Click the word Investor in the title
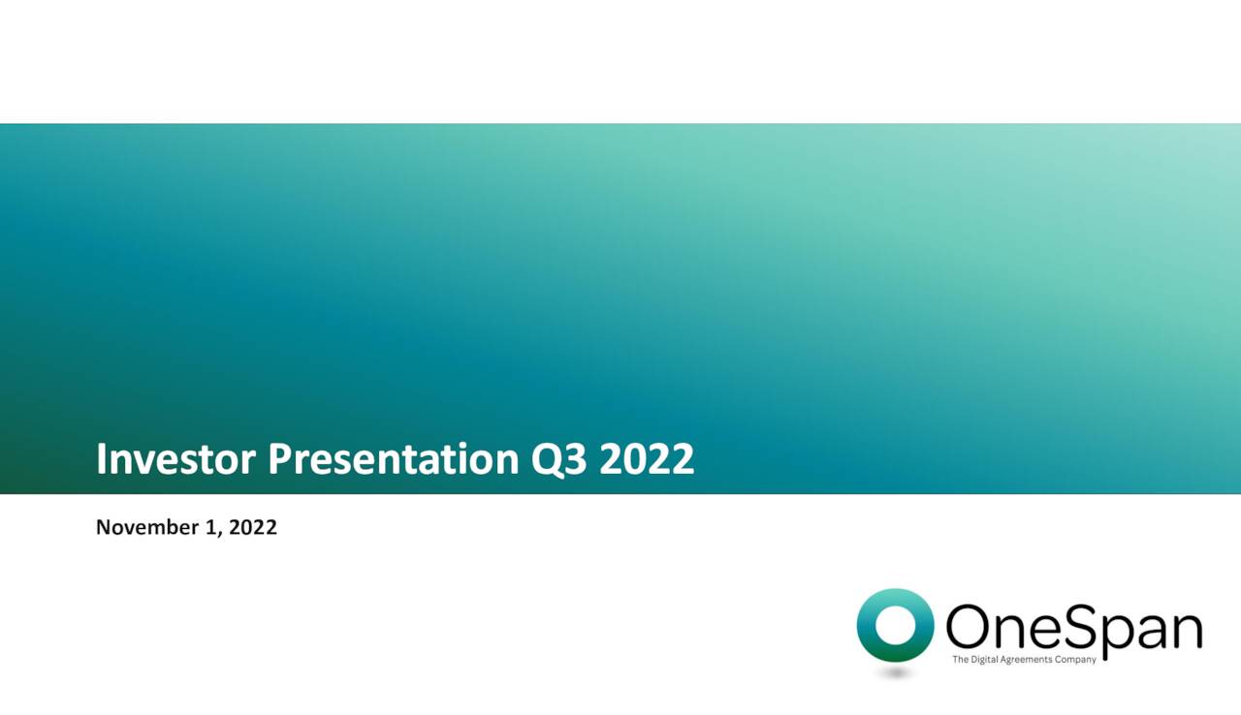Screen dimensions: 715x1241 tap(176, 459)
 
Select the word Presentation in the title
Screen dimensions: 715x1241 tap(393, 459)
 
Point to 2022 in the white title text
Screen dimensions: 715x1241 tap(647, 459)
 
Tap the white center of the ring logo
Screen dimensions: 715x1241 tap(896, 625)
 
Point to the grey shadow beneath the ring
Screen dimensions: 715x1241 tap(896, 671)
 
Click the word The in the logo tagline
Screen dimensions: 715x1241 tap(960, 660)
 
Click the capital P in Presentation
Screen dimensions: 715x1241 tap(281, 459)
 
